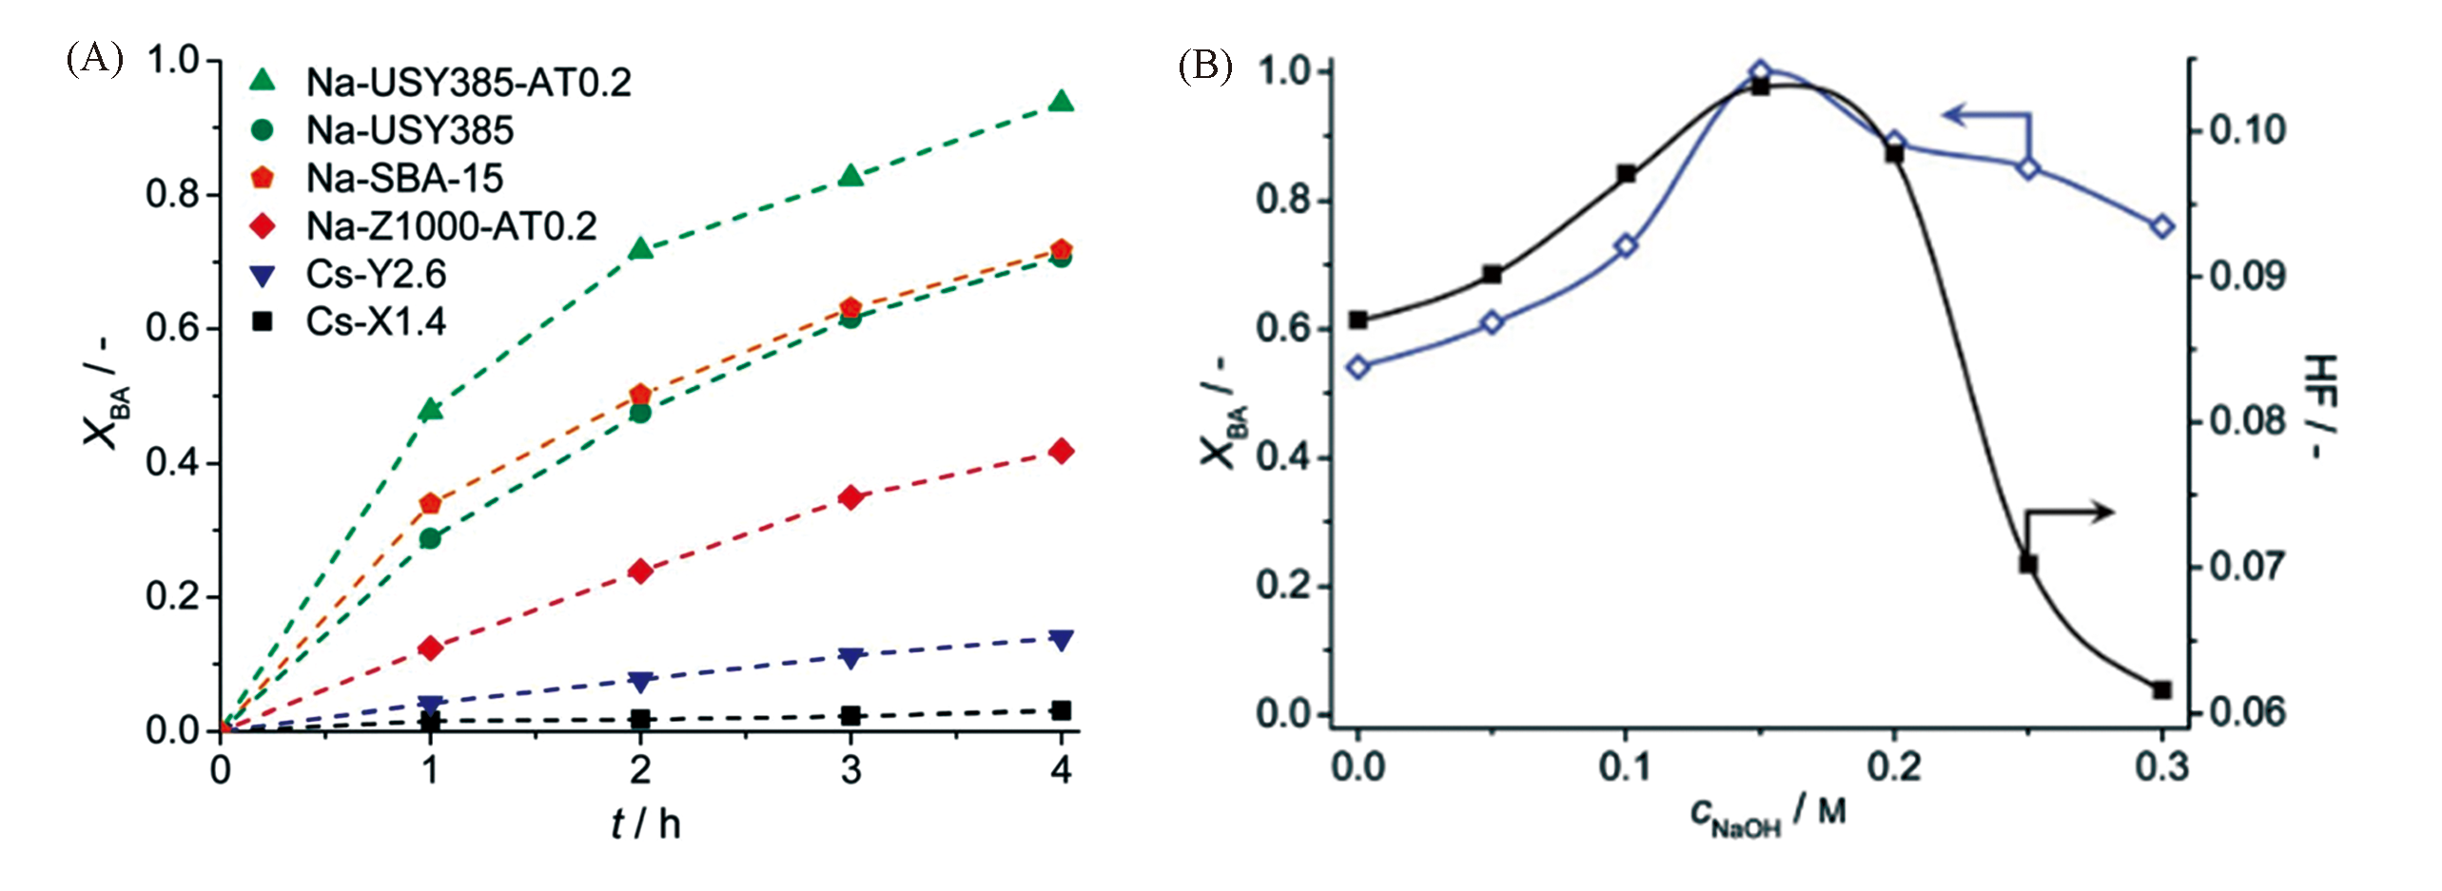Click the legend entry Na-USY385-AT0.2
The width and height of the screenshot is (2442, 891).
pyautogui.click(x=468, y=83)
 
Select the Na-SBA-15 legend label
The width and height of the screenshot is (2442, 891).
pyautogui.click(x=404, y=178)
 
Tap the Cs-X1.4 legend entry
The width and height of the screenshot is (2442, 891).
pyautogui.click(x=376, y=322)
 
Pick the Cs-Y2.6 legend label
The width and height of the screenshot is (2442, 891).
pyautogui.click(x=376, y=274)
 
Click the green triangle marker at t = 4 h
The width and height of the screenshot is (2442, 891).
pyautogui.click(x=1062, y=102)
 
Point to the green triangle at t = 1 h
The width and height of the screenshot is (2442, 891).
pyautogui.click(x=431, y=409)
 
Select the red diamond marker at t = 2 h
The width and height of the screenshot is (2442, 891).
pyautogui.click(x=640, y=571)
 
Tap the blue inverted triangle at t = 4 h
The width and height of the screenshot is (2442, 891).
pyautogui.click(x=1062, y=639)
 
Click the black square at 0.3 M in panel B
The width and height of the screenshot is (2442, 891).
pyautogui.click(x=2162, y=689)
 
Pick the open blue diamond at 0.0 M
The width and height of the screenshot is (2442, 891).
pyautogui.click(x=1358, y=367)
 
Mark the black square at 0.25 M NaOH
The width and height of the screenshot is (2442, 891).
pyautogui.click(x=2028, y=564)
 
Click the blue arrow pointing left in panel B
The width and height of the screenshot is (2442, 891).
pyautogui.click(x=1960, y=116)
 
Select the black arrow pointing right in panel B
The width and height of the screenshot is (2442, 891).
pyautogui.click(x=2093, y=513)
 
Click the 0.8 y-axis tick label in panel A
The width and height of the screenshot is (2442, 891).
pyautogui.click(x=171, y=194)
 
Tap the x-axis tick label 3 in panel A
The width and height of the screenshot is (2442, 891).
pyautogui.click(x=851, y=769)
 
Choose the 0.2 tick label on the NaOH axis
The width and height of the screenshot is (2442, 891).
pyautogui.click(x=1893, y=766)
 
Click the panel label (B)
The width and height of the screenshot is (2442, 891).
pyautogui.click(x=1205, y=67)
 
